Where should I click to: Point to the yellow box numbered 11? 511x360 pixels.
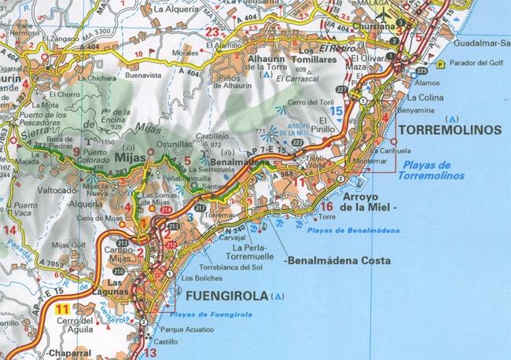(x=64, y=309)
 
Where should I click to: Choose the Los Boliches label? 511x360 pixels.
(x=203, y=278)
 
